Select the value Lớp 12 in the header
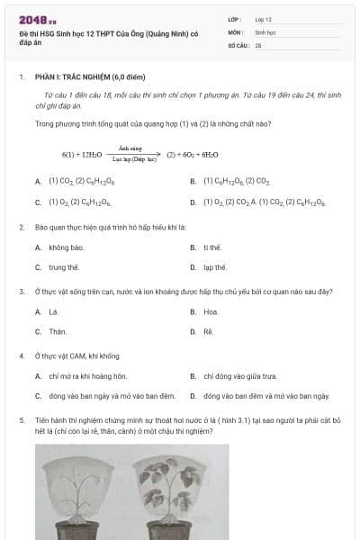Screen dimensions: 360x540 pos(264,19)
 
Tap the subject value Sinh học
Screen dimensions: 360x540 pos(265,31)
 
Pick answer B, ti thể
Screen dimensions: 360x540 pos(212,247)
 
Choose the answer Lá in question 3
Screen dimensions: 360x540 pos(53,311)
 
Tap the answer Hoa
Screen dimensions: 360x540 pos(211,311)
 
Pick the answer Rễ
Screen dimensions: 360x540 pos(209,332)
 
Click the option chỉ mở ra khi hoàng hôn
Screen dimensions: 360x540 pos(88,376)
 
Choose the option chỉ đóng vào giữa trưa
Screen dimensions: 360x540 pos(239,376)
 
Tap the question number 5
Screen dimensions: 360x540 pos(21,419)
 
